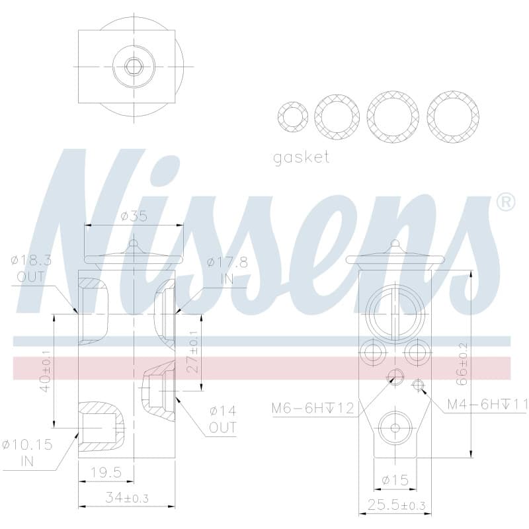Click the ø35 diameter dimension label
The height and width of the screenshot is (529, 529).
point(134,216)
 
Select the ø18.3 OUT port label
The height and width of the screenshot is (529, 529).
point(31,268)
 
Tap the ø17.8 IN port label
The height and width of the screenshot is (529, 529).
point(227,270)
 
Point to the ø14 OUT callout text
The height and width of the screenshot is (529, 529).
point(223,419)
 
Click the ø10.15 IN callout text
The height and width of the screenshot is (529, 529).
point(27,452)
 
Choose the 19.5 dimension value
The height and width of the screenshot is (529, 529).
point(106,472)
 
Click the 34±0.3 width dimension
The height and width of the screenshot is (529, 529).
point(127,498)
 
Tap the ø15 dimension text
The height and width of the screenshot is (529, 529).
point(395,479)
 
